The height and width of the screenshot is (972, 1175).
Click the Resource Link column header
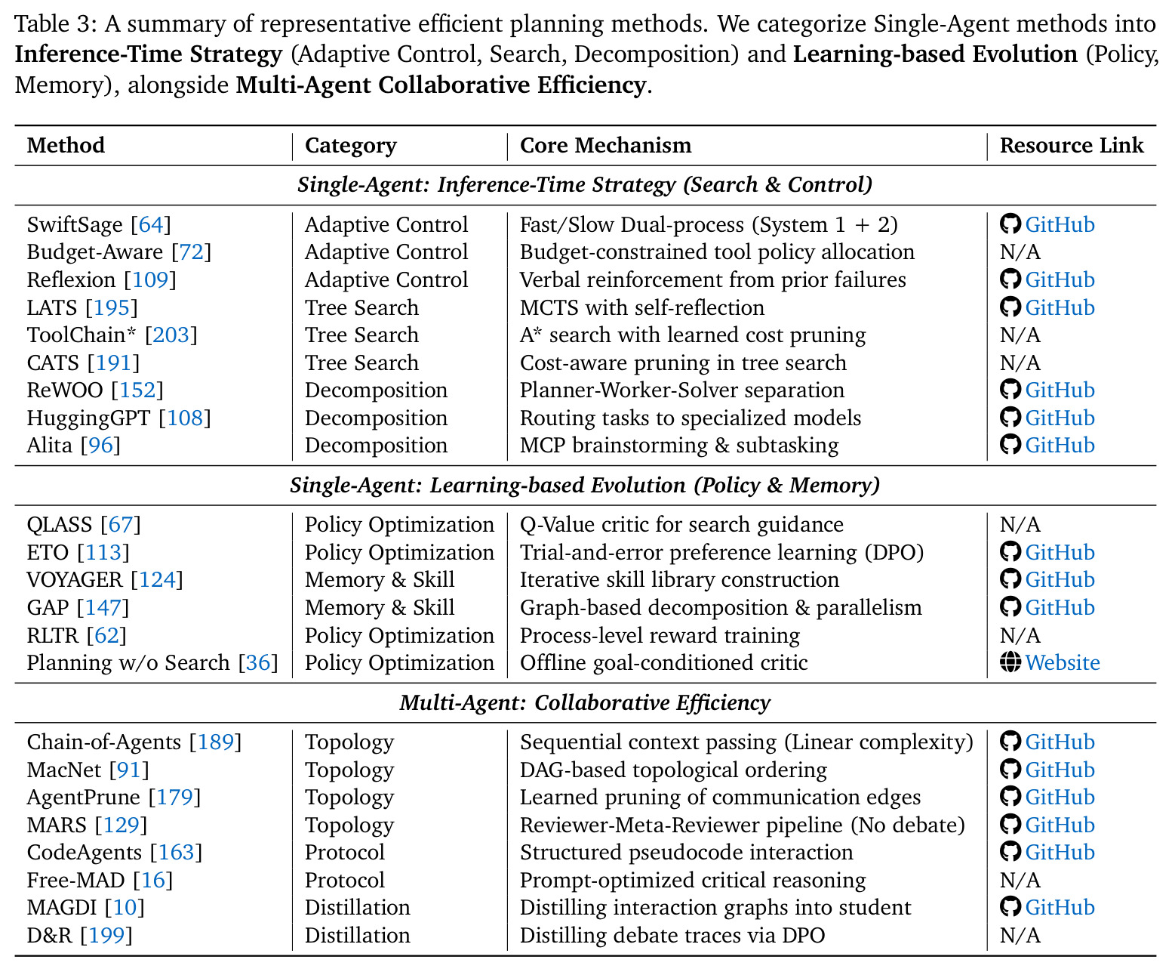click(x=1072, y=145)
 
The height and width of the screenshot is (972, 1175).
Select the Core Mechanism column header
click(x=605, y=145)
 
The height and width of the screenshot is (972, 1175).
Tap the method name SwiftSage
click(x=75, y=225)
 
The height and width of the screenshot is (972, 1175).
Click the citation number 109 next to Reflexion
click(x=149, y=280)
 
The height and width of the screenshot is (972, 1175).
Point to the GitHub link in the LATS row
click(x=1060, y=307)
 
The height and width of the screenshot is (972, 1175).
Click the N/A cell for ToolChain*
click(x=1020, y=335)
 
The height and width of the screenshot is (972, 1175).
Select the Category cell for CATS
click(x=361, y=363)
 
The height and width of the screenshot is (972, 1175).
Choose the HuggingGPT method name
click(x=88, y=418)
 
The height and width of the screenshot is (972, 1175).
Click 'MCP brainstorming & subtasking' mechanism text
click(x=679, y=446)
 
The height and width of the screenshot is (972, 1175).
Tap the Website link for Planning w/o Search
click(x=1063, y=663)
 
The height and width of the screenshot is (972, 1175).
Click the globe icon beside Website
click(x=1010, y=663)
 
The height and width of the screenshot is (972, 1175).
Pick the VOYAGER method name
click(x=74, y=580)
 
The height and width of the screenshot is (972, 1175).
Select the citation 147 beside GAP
click(x=103, y=608)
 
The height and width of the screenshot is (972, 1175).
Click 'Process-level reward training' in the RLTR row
click(x=660, y=636)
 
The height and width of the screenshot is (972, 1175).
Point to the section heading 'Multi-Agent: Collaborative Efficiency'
click(x=586, y=703)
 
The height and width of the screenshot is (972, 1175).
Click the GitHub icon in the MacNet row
click(x=1010, y=770)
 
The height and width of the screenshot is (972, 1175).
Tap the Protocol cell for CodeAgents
click(x=344, y=853)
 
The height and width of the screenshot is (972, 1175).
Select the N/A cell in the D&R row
click(x=1020, y=936)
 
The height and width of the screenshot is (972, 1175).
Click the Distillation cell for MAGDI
click(x=358, y=908)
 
